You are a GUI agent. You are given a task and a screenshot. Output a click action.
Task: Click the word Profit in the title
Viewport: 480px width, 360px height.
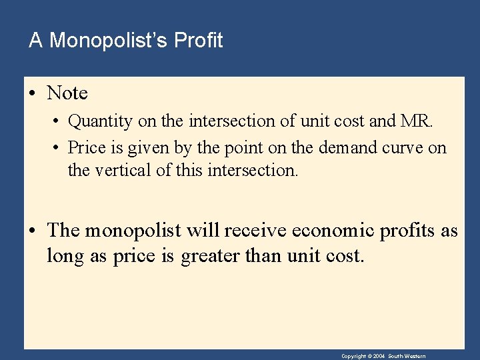(x=198, y=41)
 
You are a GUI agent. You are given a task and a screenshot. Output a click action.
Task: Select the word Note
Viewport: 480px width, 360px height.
(x=67, y=93)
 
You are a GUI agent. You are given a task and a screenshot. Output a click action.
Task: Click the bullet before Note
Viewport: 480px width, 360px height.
(x=33, y=93)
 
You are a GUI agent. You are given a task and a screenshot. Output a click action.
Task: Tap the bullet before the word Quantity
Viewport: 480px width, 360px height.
(x=58, y=122)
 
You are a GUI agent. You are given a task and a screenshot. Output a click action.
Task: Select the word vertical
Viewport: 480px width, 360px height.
(x=121, y=170)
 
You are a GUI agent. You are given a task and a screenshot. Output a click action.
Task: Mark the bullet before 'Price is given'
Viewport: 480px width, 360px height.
(x=58, y=147)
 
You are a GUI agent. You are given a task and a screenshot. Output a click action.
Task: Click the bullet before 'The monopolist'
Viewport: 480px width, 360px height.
(x=33, y=231)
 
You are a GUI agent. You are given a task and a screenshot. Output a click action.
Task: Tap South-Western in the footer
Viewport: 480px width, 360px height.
(x=408, y=357)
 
